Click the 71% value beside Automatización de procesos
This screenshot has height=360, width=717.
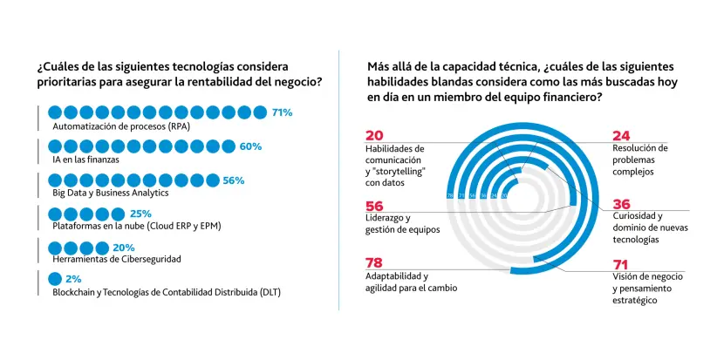(282, 112)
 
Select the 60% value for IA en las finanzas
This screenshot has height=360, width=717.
(250, 146)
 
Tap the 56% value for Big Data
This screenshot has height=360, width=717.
(234, 180)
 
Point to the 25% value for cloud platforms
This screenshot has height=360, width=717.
(140, 214)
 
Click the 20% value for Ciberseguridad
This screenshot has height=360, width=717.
(124, 248)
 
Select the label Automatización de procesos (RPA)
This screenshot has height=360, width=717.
(120, 127)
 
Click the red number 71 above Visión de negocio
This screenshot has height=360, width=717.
(621, 262)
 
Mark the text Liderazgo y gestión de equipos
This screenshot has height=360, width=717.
(402, 224)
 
